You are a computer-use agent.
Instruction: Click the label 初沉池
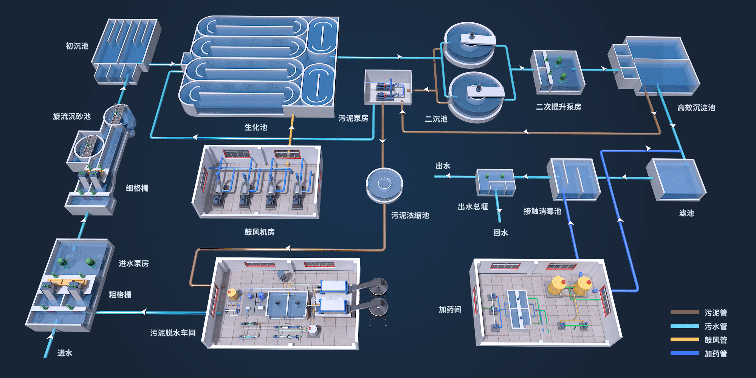click(x=77, y=46)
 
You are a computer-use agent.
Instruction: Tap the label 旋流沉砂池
click(x=72, y=116)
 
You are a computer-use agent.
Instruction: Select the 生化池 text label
click(x=256, y=127)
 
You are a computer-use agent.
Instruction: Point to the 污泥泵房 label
click(x=353, y=118)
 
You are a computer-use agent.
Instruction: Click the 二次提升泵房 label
click(x=558, y=107)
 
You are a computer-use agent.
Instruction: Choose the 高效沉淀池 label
click(x=696, y=108)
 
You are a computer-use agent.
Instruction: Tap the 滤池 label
click(x=686, y=213)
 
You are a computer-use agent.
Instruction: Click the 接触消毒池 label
click(x=542, y=211)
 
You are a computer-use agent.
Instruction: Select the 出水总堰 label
click(x=472, y=207)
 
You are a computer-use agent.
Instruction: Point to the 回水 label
click(x=500, y=233)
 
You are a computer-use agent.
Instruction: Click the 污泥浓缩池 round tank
click(x=384, y=184)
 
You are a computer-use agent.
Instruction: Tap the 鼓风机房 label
click(x=259, y=232)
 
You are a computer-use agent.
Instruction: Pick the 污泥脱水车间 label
click(x=173, y=333)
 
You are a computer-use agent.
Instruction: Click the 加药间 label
click(x=450, y=310)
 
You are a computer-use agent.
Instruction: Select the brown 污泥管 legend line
click(x=685, y=313)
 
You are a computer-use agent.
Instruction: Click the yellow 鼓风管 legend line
click(x=685, y=339)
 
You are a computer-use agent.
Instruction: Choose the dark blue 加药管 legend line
click(x=685, y=353)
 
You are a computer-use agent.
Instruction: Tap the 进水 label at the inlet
click(x=65, y=353)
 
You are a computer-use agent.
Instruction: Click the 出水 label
click(x=443, y=166)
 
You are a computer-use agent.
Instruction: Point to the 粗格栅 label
click(x=120, y=295)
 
